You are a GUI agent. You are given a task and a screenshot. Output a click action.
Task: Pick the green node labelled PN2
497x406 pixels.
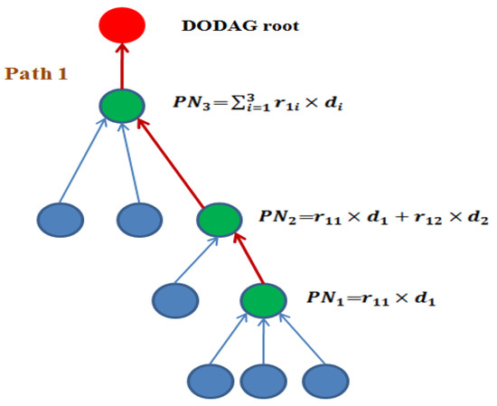point(218,220)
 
